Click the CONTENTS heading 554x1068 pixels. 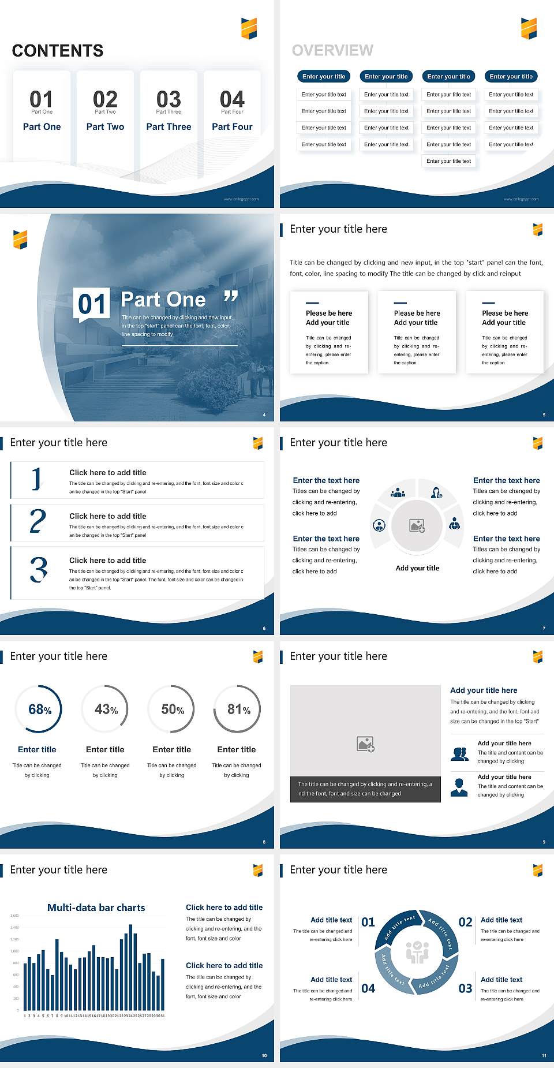tap(58, 51)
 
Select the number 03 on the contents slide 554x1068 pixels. tap(169, 99)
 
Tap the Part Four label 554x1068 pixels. tap(232, 126)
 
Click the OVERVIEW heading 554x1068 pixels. tap(332, 51)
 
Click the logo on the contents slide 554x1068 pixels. tap(249, 28)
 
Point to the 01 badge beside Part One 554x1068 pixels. tap(92, 304)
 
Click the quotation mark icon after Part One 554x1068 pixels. tap(231, 297)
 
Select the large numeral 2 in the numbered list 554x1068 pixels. tap(38, 521)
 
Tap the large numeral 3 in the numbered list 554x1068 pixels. tap(39, 569)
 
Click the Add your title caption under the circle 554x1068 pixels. tap(417, 568)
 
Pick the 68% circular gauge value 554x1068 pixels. tap(40, 709)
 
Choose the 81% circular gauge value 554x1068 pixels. tap(238, 709)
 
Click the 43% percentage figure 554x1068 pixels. tap(106, 709)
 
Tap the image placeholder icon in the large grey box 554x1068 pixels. tap(365, 744)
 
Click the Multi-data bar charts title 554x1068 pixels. tap(96, 908)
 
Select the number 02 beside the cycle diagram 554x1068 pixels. tap(465, 922)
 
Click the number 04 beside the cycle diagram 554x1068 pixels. tap(368, 988)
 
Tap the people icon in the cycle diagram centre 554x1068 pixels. tap(417, 952)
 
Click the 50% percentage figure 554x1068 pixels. tap(173, 709)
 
